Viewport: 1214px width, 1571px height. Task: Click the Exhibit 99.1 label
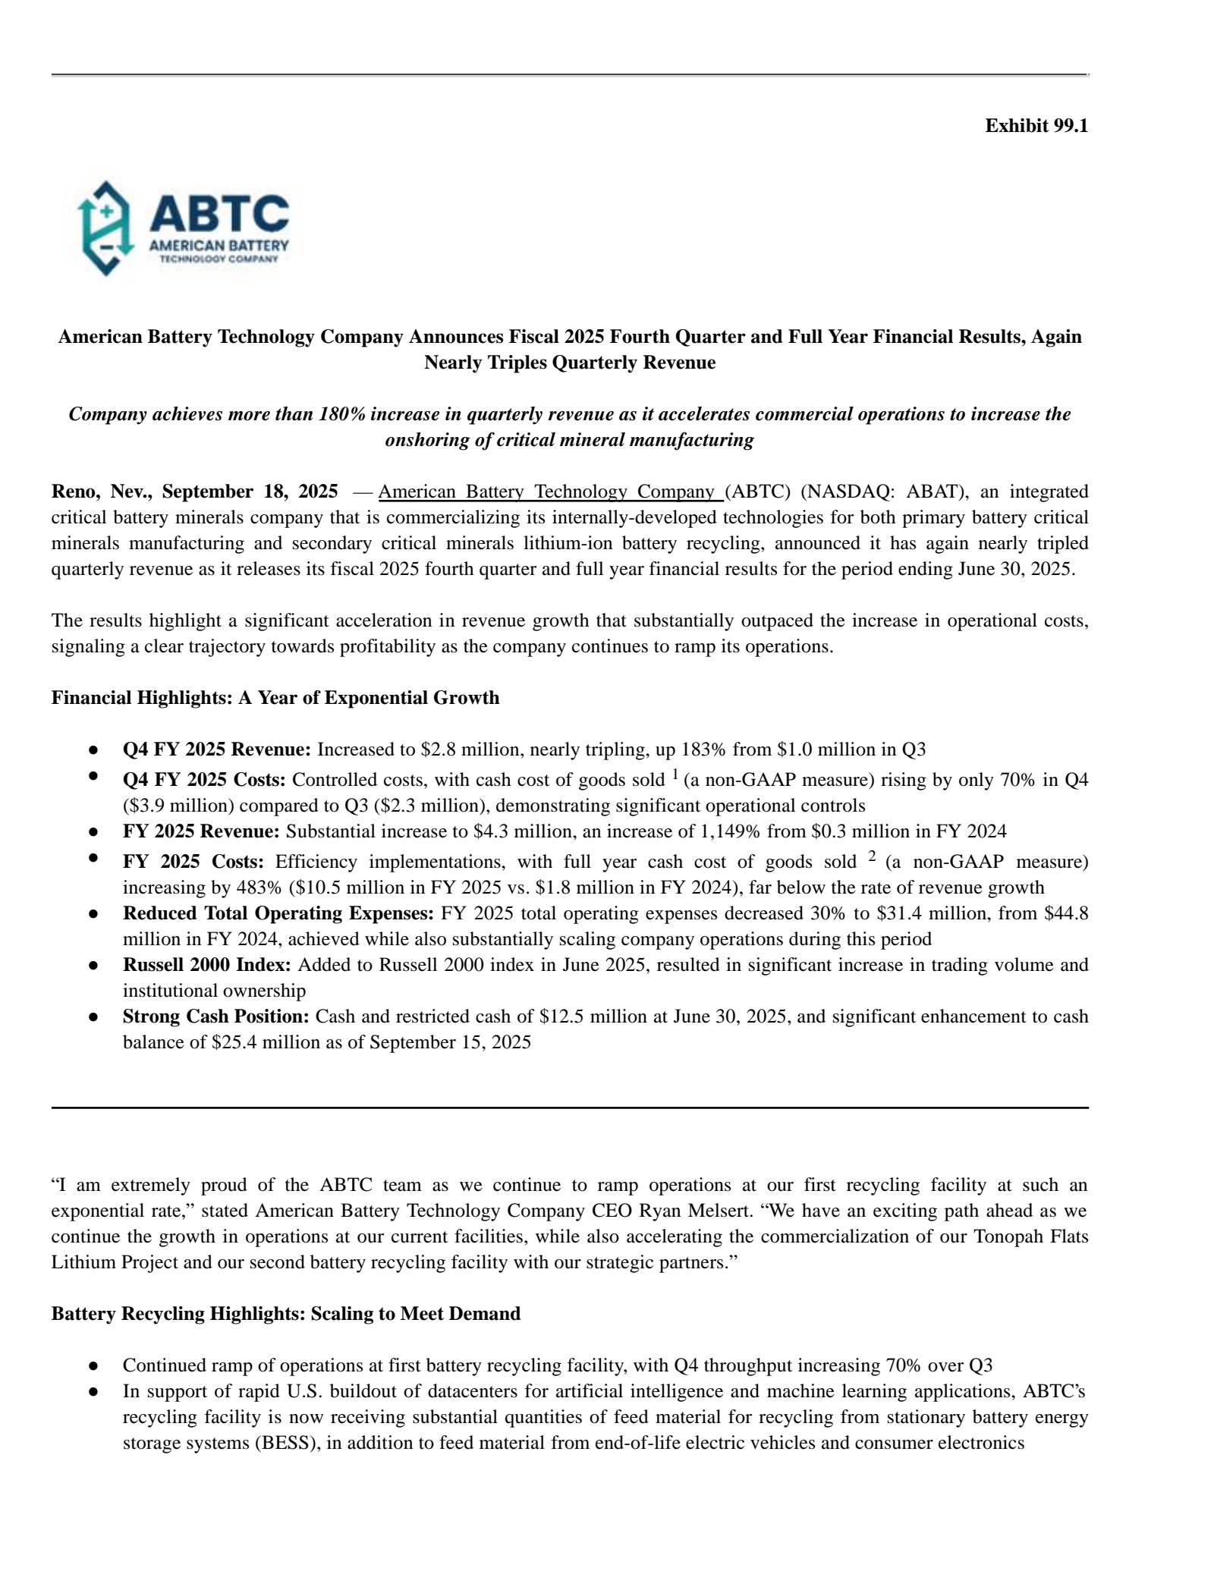pos(1036,126)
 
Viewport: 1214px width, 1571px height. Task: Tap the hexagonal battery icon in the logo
pos(106,228)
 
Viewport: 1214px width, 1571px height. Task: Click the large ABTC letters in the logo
pos(219,213)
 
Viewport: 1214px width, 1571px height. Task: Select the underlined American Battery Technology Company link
pos(549,492)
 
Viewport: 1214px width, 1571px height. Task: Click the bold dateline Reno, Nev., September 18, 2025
pos(194,492)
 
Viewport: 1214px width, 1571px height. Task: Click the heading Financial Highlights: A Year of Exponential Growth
pos(275,698)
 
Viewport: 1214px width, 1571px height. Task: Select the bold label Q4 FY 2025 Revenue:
pos(217,749)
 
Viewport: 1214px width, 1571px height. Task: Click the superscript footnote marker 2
pos(873,857)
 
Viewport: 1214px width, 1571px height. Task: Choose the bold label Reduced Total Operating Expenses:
pos(278,913)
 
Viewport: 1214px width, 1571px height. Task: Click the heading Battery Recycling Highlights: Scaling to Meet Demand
pos(286,1314)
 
